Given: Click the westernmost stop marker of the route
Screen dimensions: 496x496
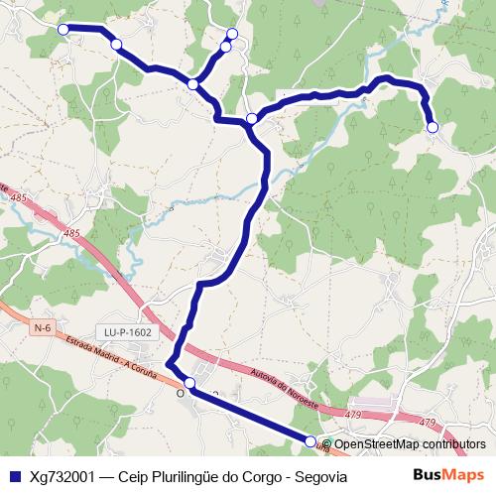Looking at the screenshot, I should [x=63, y=30].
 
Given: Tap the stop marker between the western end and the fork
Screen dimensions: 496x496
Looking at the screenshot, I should [x=116, y=45].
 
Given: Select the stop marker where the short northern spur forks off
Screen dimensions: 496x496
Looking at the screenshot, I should [x=193, y=85].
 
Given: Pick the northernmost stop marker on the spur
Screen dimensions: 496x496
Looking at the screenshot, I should [x=232, y=35].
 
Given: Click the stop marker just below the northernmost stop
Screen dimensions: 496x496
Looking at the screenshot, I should [x=225, y=47].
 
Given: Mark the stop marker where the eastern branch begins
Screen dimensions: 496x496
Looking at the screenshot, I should [x=252, y=119].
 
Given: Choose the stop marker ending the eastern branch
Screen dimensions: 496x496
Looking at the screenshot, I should [x=433, y=127].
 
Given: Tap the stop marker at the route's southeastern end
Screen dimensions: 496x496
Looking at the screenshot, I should [x=310, y=441].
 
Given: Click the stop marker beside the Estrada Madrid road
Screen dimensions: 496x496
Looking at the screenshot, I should [x=189, y=384].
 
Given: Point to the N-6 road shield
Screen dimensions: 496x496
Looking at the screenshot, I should [x=42, y=327].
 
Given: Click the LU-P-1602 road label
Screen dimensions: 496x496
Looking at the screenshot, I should [x=128, y=332].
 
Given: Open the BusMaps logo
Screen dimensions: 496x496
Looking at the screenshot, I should [x=448, y=476].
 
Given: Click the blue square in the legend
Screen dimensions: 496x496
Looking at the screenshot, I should [x=14, y=476].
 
